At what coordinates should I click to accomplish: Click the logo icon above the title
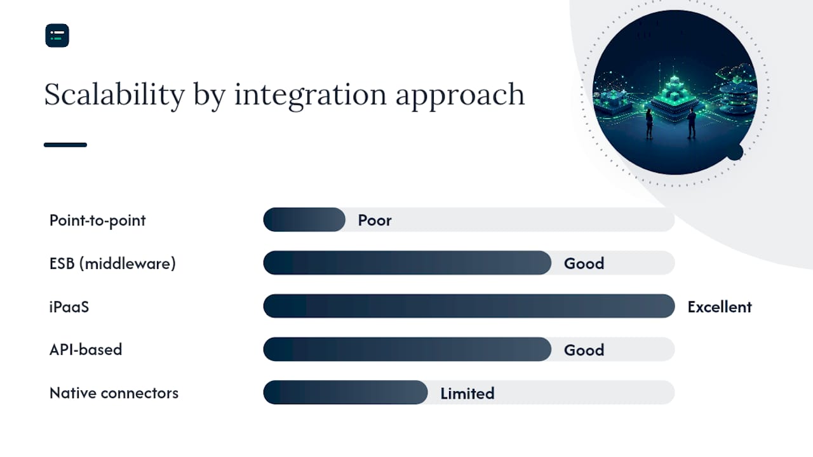coord(57,36)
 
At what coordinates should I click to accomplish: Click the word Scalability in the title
coord(114,95)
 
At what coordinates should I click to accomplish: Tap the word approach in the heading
coord(460,96)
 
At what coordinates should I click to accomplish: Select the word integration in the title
coord(311,95)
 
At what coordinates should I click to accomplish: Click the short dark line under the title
coord(65,145)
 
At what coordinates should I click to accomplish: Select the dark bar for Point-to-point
coord(304,220)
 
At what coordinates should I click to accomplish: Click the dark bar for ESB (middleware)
coord(407,263)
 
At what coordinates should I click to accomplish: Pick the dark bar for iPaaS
coord(469,306)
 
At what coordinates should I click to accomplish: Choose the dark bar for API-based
coord(407,349)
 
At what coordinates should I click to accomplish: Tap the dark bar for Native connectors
coord(346,392)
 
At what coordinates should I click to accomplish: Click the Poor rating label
coord(375,220)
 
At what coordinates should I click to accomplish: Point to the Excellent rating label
coord(720,307)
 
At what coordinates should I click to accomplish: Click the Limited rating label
coord(467,394)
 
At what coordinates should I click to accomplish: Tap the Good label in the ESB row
coord(584,263)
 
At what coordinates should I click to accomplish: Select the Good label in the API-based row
coord(584,350)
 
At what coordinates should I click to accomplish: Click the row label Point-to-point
coord(97,221)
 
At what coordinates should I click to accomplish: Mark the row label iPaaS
coord(69,307)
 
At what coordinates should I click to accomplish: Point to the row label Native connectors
coord(114,393)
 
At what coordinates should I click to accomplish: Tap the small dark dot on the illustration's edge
coord(735,152)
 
